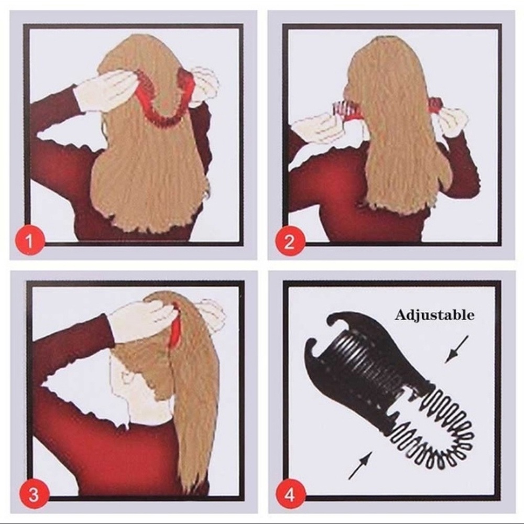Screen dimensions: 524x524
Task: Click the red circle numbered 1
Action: (29, 241)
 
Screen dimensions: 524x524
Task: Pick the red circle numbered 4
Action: (290, 494)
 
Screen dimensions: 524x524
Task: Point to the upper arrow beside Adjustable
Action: (456, 350)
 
